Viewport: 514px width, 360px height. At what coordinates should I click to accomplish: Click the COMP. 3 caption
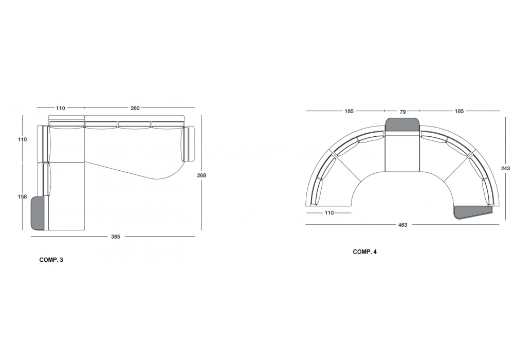(51, 260)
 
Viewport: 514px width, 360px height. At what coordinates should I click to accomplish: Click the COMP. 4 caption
(364, 252)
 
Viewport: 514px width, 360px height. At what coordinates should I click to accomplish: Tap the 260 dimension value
(135, 108)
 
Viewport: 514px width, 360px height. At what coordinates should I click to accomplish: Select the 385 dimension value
(115, 237)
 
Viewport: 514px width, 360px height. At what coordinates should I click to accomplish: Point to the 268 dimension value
(201, 175)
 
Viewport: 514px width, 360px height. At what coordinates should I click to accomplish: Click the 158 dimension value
(22, 197)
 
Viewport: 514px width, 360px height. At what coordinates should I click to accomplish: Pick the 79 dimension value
(402, 112)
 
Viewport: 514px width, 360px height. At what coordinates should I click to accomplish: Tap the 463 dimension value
(402, 225)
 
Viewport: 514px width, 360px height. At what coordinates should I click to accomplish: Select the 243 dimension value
(505, 169)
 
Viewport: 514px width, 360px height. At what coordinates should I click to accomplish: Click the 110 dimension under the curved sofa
(329, 213)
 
